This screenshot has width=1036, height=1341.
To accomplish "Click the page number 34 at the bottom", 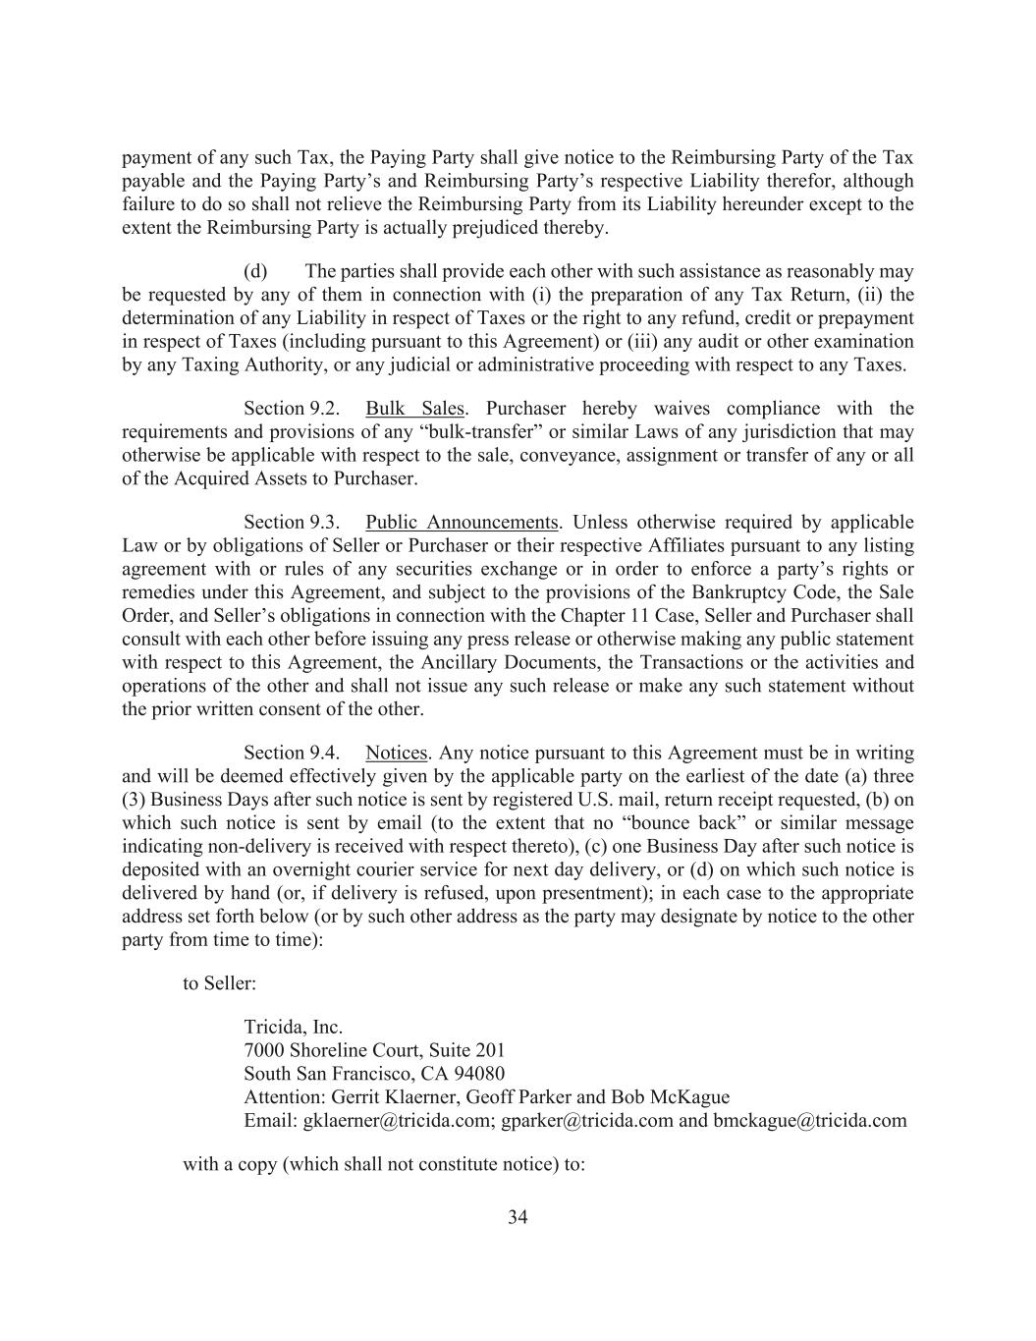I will coord(518,1218).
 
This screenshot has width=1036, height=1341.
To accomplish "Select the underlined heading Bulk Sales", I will coord(414,409).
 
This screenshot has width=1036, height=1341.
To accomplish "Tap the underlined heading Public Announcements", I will coord(461,523).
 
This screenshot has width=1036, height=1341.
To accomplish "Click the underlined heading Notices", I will coord(397,754).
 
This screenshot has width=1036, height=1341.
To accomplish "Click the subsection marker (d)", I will coord(255,271).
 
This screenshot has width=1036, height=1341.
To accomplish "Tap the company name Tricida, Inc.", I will coord(293,1028).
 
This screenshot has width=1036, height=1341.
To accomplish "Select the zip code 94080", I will coord(479,1074).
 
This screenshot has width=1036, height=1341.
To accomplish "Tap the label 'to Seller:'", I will coord(219,982).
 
